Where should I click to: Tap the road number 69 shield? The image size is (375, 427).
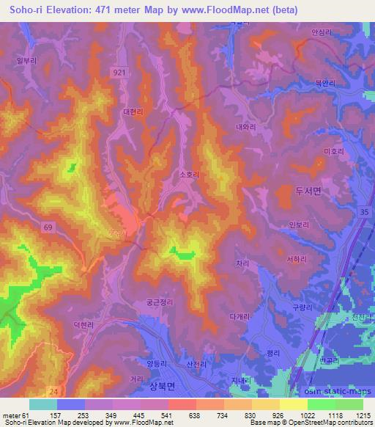coord(48,230)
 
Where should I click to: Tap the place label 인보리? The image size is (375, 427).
coord(299,225)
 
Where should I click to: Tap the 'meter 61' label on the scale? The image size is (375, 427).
coord(14,415)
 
